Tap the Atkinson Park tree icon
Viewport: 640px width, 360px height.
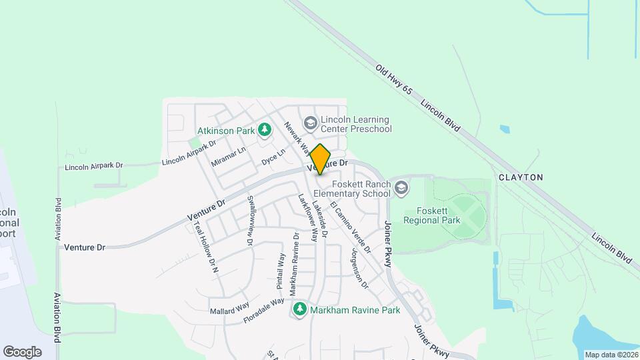(265, 129)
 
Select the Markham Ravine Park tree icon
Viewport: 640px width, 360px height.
(300, 309)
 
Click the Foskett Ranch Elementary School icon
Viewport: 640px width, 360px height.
(401, 189)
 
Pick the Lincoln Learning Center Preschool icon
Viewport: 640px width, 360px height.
(309, 123)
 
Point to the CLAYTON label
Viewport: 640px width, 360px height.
(521, 177)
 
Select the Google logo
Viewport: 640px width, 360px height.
(22, 351)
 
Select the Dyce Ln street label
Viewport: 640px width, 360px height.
(273, 157)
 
